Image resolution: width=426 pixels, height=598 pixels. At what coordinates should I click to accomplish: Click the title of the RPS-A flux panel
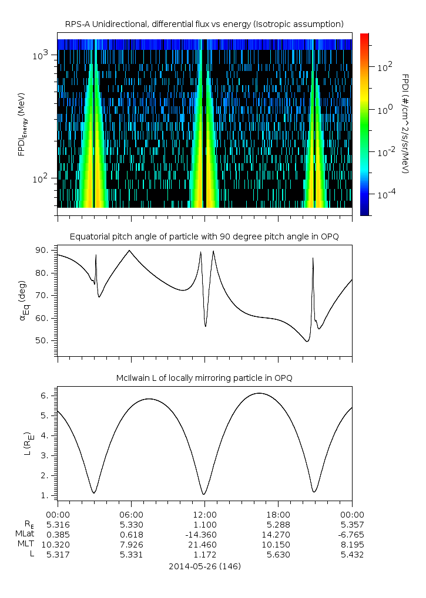204,24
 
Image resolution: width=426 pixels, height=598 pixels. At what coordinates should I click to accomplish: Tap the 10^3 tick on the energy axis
44,55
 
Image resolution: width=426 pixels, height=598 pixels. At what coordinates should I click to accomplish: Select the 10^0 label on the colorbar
385,110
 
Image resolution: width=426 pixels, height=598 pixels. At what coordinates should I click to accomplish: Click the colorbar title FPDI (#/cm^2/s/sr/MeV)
405,123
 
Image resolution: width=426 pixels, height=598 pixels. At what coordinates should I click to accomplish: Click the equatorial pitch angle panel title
204,237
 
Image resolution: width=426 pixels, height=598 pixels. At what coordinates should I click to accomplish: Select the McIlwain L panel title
204,379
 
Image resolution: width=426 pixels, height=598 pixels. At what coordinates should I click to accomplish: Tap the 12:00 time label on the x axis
204,513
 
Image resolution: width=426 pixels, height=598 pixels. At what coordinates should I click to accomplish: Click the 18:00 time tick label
279,513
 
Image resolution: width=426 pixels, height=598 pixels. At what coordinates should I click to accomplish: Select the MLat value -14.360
204,534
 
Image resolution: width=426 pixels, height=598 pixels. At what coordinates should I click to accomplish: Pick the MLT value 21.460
204,544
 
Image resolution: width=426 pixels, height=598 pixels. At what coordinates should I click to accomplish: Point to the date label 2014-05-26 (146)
204,567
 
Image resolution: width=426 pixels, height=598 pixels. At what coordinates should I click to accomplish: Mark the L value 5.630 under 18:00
279,555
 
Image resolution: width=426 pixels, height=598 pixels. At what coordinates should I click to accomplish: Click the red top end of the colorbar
364,37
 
